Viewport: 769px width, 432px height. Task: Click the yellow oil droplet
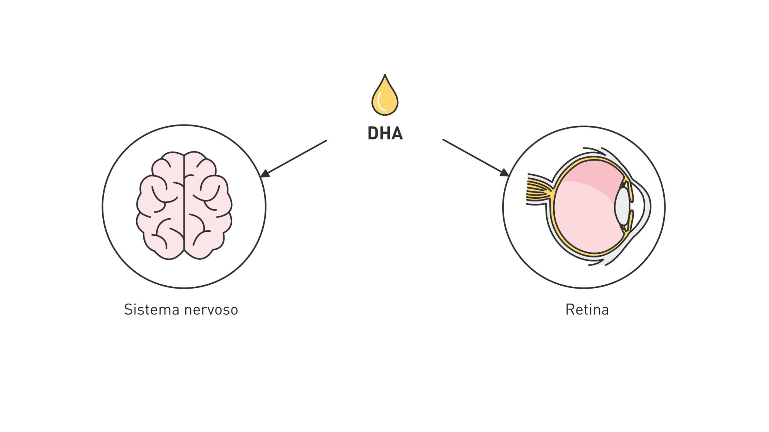385,98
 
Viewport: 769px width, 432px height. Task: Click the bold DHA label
385,133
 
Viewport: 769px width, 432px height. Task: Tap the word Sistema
151,310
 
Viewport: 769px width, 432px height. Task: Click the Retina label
587,310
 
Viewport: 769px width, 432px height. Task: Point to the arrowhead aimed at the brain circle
265,174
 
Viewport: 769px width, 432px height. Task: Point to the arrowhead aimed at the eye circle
504,173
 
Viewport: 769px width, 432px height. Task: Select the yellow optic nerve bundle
538,190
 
